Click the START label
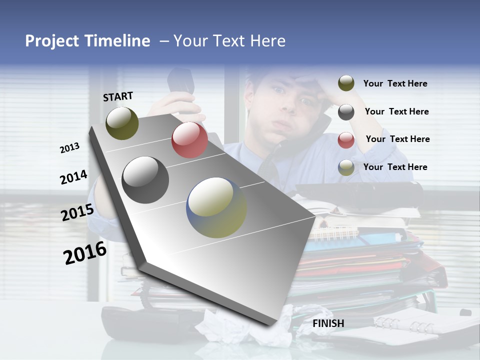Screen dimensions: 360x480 tap(118, 96)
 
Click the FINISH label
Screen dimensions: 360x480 tap(328, 323)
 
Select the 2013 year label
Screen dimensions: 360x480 tap(69, 148)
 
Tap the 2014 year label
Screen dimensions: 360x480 tap(73, 177)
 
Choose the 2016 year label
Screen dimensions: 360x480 tap(85, 253)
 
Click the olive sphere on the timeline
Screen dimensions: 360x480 tap(122, 123)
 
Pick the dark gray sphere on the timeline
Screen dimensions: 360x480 tap(145, 180)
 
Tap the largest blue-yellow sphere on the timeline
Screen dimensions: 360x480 tap(216, 207)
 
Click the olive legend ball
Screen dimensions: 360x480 tap(346, 83)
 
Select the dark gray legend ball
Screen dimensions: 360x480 tap(346, 112)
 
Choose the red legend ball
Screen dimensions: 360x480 tap(346, 140)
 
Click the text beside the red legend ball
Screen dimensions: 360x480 tap(397, 139)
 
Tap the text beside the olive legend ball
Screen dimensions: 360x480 tap(395, 83)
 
